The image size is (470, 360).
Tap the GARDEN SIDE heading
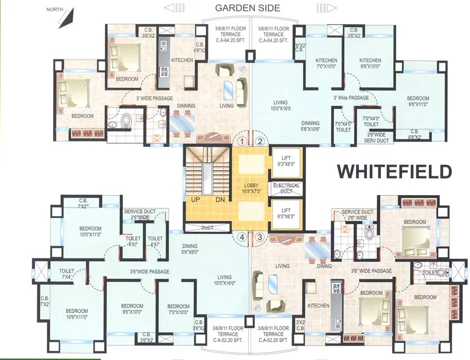coord(248,8)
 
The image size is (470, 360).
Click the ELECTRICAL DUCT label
coord(286,189)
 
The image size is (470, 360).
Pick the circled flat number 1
coord(242,142)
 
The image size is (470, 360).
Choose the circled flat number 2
coord(260,142)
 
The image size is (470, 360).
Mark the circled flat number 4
coord(242,237)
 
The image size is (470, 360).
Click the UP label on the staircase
coord(195,200)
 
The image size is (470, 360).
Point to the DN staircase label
coord(220,200)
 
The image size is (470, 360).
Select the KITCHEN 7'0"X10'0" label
coord(326,64)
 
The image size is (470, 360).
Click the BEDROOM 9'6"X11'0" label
coord(418,102)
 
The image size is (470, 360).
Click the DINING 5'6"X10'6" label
coord(310,126)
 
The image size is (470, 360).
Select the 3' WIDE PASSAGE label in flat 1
coord(154,98)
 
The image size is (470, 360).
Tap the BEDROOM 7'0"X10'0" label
coord(178,309)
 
